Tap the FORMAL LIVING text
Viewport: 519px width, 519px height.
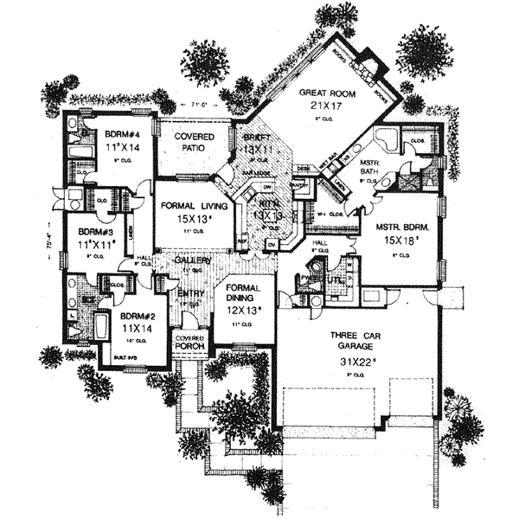(194, 207)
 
